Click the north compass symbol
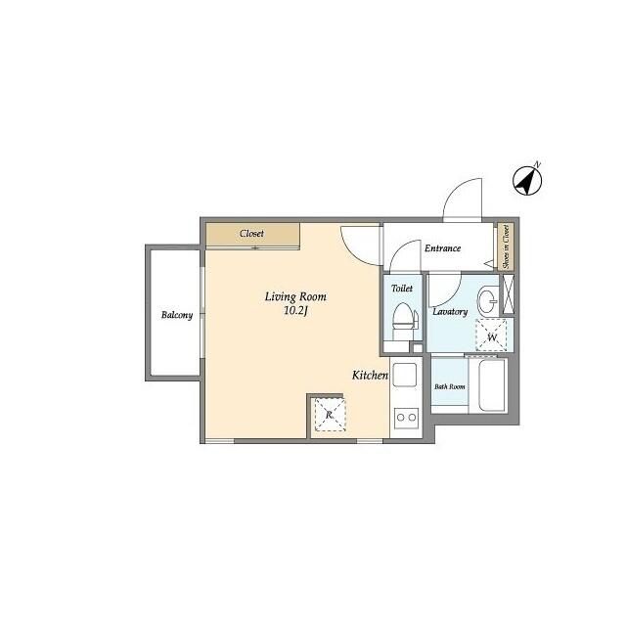pyautogui.click(x=527, y=181)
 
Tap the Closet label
pyautogui.click(x=251, y=234)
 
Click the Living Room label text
pyautogui.click(x=295, y=297)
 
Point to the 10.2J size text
pyautogui.click(x=295, y=311)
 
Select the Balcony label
pyautogui.click(x=177, y=315)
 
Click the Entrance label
pyautogui.click(x=442, y=248)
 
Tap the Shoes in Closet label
pyautogui.click(x=507, y=246)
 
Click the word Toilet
pyautogui.click(x=402, y=289)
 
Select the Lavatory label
pyautogui.click(x=450, y=312)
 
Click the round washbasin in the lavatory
pyautogui.click(x=487, y=300)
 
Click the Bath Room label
pyautogui.click(x=450, y=386)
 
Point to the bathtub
pyautogui.click(x=493, y=385)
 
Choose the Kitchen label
pyautogui.click(x=370, y=376)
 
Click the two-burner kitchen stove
pyautogui.click(x=406, y=418)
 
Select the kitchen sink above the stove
pyautogui.click(x=405, y=375)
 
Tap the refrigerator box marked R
pyautogui.click(x=330, y=415)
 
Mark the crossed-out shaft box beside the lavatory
pyautogui.click(x=508, y=294)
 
